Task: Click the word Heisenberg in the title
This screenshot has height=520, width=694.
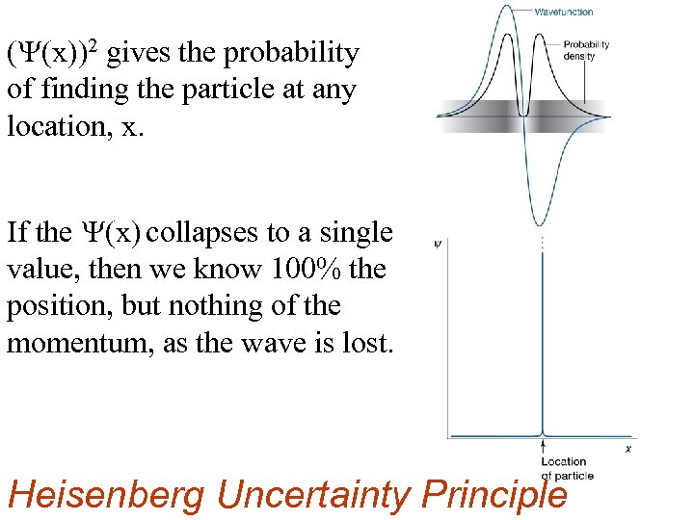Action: [x=106, y=495]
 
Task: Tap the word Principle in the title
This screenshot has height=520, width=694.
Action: [x=495, y=495]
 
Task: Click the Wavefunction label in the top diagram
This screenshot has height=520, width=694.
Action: [x=564, y=12]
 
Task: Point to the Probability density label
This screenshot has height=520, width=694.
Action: [x=586, y=50]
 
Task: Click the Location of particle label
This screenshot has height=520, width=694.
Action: [x=563, y=468]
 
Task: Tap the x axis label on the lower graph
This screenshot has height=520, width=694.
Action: [x=628, y=449]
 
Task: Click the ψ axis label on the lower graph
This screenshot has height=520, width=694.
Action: [x=439, y=244]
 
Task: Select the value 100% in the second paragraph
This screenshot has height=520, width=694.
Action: [x=304, y=270]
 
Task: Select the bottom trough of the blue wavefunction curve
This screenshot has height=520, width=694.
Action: [x=546, y=220]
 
